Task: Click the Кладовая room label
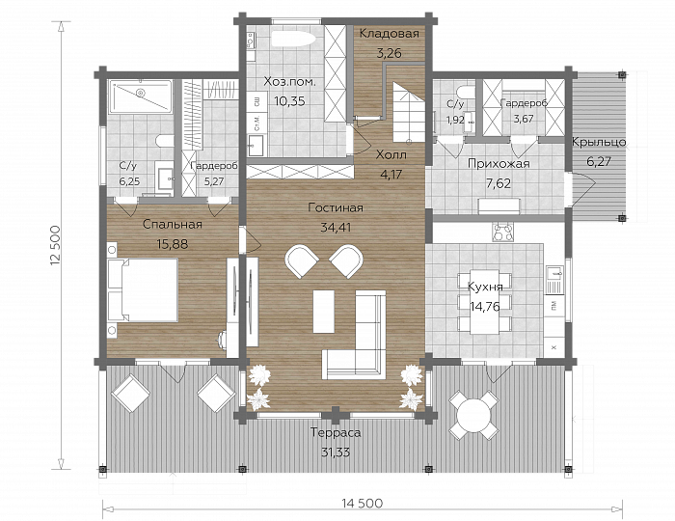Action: tap(390, 33)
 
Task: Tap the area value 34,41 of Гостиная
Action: tap(336, 228)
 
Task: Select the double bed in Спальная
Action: tap(143, 289)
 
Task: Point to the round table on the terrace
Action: tap(473, 415)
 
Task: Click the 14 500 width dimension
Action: tap(362, 503)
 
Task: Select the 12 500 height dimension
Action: tap(55, 244)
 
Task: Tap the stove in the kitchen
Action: tap(503, 233)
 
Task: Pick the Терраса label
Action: tap(336, 433)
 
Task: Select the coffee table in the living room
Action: tap(324, 312)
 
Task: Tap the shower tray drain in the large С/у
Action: tap(140, 93)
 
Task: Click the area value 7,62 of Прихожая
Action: tap(499, 184)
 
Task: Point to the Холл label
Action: tap(391, 154)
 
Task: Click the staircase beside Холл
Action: tap(409, 113)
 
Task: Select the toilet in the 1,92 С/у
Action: tap(467, 93)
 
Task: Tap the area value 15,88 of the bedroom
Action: tap(173, 244)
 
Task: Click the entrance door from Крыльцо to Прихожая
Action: tap(580, 184)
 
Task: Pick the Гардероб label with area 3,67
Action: tap(524, 103)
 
